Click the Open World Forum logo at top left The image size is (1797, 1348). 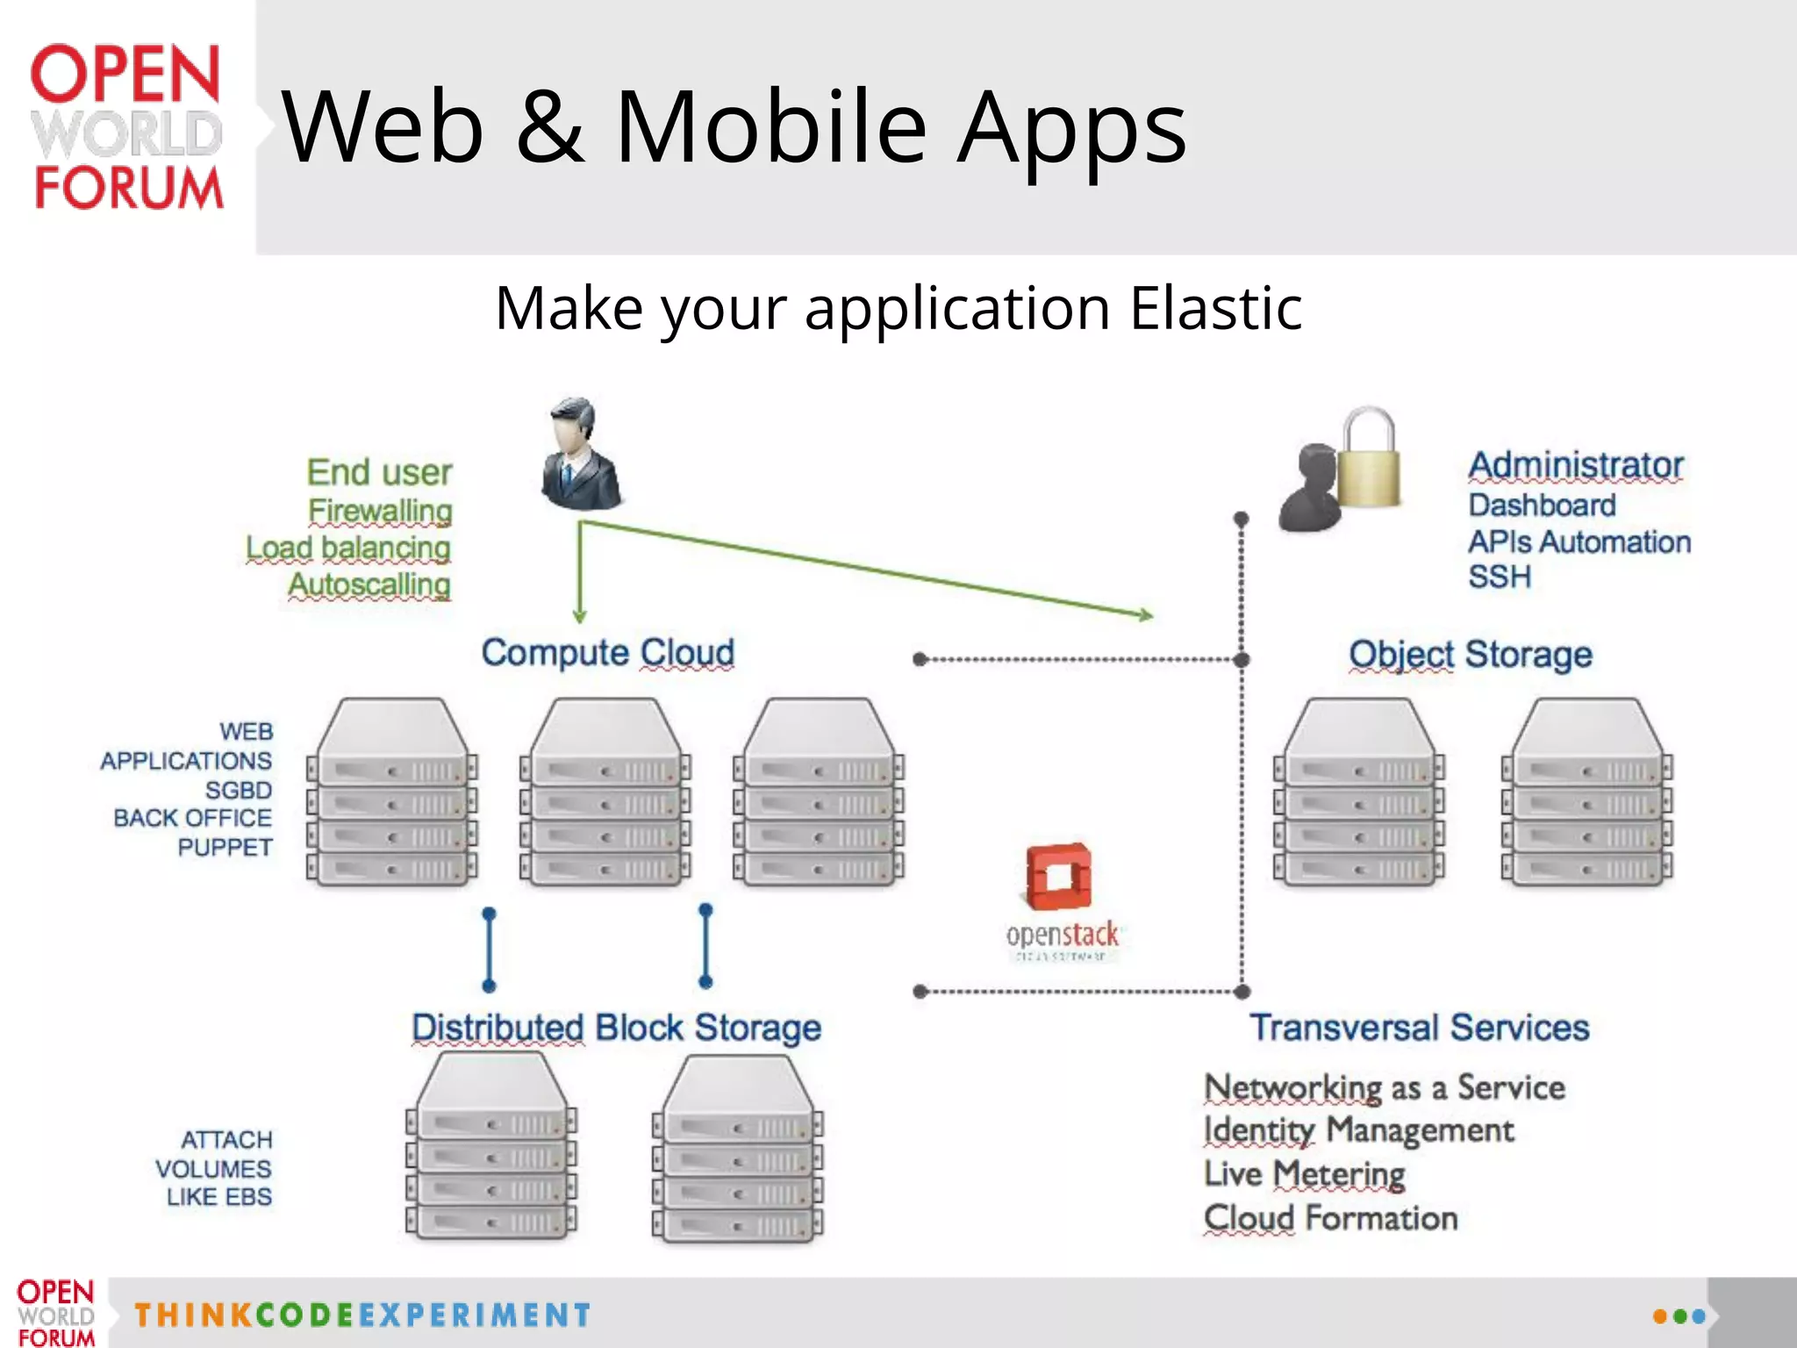(127, 127)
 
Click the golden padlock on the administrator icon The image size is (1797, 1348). (1369, 461)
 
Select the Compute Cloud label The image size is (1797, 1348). (607, 653)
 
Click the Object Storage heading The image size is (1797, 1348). (1470, 655)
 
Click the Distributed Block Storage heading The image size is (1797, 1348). (616, 1028)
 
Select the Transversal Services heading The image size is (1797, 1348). (1419, 1028)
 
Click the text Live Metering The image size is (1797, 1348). (1304, 1173)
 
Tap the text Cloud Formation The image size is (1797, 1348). (1330, 1218)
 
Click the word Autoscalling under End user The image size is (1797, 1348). (369, 584)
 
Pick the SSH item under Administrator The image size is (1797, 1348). (1500, 577)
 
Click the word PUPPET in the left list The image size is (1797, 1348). (225, 848)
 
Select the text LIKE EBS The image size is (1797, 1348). (219, 1197)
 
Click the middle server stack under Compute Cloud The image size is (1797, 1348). (605, 792)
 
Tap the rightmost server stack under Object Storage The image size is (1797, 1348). (1586, 792)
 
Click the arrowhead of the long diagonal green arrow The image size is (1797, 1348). (1146, 616)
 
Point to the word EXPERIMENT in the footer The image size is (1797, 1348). (475, 1315)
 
